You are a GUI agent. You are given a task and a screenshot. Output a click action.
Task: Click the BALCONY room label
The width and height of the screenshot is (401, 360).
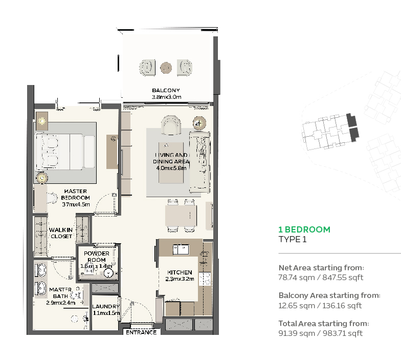click(x=166, y=90)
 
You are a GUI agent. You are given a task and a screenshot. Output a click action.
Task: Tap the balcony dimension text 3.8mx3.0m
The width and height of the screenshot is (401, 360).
click(x=166, y=97)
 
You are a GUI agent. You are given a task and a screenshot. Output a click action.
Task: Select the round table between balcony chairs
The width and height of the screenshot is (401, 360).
click(x=166, y=67)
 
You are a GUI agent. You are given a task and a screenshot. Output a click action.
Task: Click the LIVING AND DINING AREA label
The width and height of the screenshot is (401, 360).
click(x=172, y=158)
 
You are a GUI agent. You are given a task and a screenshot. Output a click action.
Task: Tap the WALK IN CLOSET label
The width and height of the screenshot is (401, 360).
click(x=61, y=233)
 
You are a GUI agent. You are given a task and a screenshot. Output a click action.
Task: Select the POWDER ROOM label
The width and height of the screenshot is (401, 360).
click(x=97, y=257)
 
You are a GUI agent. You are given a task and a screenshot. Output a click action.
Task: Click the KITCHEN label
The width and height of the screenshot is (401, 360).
click(x=180, y=272)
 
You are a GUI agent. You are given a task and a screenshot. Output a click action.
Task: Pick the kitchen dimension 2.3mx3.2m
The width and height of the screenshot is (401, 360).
click(x=180, y=279)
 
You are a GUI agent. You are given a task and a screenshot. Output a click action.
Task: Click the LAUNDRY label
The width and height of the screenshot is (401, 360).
click(x=106, y=307)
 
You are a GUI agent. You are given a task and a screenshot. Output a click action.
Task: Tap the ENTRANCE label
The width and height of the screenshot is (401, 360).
click(x=141, y=332)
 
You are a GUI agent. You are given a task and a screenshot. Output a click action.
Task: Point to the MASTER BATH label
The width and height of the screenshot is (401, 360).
click(x=60, y=292)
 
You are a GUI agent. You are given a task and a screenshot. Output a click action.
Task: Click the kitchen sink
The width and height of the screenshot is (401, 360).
click(x=180, y=249)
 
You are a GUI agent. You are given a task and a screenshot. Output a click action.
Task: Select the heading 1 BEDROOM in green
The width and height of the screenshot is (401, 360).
click(x=304, y=229)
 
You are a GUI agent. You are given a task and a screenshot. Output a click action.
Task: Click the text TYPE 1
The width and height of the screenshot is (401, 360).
click(x=292, y=239)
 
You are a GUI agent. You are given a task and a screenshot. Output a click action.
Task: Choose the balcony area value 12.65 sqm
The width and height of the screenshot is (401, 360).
click(x=294, y=305)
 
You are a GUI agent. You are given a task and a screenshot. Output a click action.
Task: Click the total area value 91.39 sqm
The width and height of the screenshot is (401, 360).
click(x=294, y=333)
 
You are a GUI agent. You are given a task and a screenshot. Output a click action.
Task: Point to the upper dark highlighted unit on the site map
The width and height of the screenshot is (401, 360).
click(x=351, y=120)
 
